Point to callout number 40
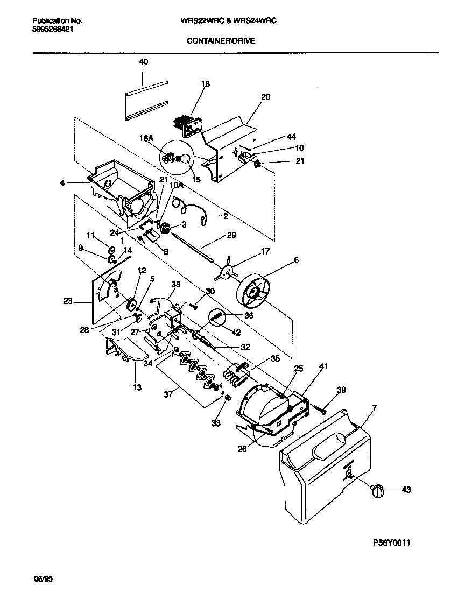pos(143,62)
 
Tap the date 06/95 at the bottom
pos(44,579)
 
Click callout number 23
pos(67,302)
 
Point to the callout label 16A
pos(147,138)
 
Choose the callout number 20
pos(265,97)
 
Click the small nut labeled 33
pos(227,398)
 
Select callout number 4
pos(64,183)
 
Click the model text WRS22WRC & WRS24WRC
pos(224,20)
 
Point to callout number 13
pos(137,387)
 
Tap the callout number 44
pos(292,137)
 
